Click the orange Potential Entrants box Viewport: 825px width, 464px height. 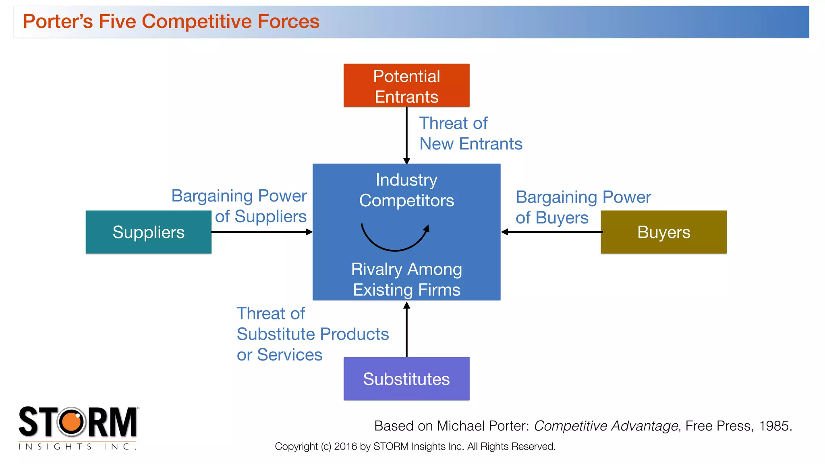pos(406,85)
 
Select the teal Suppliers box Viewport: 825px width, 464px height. pos(148,232)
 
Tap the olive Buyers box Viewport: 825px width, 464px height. pos(663,232)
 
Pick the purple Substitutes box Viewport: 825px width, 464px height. pos(406,379)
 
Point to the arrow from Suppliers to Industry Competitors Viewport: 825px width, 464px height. pos(262,232)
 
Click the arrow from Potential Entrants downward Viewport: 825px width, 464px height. pos(406,135)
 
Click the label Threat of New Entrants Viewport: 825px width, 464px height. pos(471,133)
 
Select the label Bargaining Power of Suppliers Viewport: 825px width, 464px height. pos(240,206)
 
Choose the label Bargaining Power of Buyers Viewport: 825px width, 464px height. pos(583,207)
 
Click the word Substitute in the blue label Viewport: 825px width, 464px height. pos(276,334)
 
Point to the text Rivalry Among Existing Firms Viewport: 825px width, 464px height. pos(406,279)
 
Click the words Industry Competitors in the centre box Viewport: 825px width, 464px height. pos(406,190)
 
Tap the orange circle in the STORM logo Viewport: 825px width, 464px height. pos(72,422)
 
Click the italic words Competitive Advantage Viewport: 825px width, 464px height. pos(606,426)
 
